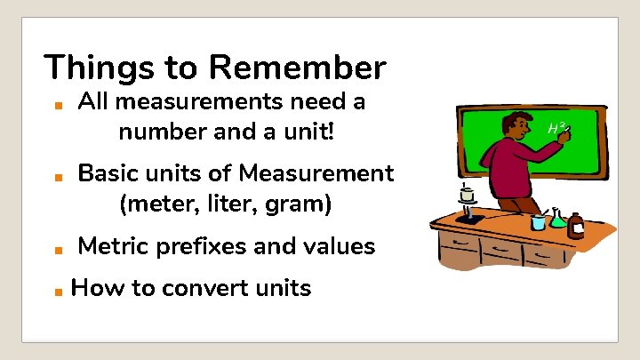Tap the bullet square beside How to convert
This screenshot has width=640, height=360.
pyautogui.click(x=55, y=291)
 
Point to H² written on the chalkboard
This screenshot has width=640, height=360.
pyautogui.click(x=557, y=129)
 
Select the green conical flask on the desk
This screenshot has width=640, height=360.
pyautogui.click(x=557, y=218)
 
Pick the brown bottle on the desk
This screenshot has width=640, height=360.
pyautogui.click(x=576, y=227)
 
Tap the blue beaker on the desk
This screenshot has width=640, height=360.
pyautogui.click(x=538, y=221)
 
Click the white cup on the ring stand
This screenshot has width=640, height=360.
pyautogui.click(x=467, y=194)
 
